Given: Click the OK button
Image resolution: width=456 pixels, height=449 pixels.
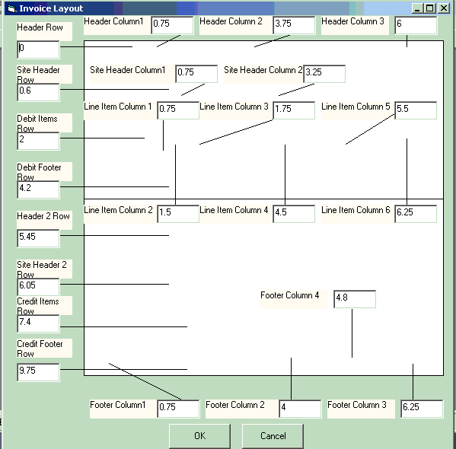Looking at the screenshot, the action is tap(199, 436).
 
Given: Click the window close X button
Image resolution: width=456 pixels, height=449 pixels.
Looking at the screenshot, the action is tap(444, 8).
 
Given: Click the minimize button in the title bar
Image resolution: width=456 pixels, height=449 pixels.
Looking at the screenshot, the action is tap(417, 8).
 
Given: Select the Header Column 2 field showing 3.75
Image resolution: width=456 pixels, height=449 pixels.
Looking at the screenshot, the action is tap(294, 25).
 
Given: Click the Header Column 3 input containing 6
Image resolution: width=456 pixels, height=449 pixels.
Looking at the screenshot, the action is tap(416, 25).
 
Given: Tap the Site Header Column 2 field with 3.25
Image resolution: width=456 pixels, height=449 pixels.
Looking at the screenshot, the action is tap(324, 74).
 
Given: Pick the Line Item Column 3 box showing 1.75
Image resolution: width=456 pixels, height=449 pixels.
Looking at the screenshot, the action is tap(294, 110).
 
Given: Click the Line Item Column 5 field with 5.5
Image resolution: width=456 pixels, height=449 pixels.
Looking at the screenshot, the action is tap(416, 110).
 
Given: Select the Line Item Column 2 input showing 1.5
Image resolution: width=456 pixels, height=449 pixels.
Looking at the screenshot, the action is tap(178, 214).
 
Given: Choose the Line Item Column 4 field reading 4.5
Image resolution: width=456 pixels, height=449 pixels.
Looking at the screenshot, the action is tap(294, 214).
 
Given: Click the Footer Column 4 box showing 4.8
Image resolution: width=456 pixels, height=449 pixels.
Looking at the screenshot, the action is tap(355, 299).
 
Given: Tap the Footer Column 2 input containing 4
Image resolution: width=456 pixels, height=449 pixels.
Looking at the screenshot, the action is tap(300, 409).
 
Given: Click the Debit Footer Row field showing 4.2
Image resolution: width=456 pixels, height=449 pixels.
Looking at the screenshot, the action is tap(38, 189).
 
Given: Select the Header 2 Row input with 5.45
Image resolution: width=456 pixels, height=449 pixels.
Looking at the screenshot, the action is tap(38, 238).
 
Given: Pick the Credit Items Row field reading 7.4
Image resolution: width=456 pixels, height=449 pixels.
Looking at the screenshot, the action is tap(38, 323).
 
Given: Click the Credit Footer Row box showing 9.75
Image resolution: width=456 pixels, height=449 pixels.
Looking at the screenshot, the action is tap(38, 372).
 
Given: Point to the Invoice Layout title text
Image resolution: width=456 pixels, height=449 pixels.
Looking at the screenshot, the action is tap(51, 8).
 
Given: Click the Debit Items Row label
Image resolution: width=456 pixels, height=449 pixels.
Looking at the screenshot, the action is tap(37, 123).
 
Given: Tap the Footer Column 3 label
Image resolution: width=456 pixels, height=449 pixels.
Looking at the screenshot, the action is tap(357, 405).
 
